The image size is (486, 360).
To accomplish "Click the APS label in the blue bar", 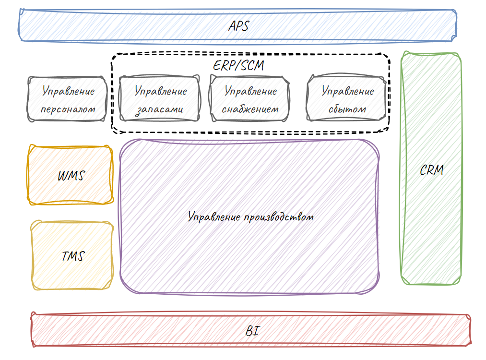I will pos(238,25).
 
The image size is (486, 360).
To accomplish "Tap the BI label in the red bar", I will pos(252,331).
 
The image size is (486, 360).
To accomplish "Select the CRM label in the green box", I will pos(431,170).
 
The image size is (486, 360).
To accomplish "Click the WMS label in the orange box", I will pos(71,176).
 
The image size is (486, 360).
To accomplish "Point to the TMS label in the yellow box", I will pos(73,256).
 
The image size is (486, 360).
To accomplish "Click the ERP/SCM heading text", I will pos(238,65).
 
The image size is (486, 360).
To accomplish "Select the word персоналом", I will pos(68,109).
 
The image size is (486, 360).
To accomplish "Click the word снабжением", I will pos(250,109).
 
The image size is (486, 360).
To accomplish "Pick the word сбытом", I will pos(347,109).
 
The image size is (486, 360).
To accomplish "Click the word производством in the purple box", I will pos(278,217).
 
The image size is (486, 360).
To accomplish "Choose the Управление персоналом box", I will pos(68,99).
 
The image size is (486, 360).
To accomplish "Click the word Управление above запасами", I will pos(160,91).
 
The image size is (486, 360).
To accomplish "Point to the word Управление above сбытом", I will pos(348,91).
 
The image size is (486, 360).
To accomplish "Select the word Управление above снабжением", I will pos(251,91).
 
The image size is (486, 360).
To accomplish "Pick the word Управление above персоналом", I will pos(68,91).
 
